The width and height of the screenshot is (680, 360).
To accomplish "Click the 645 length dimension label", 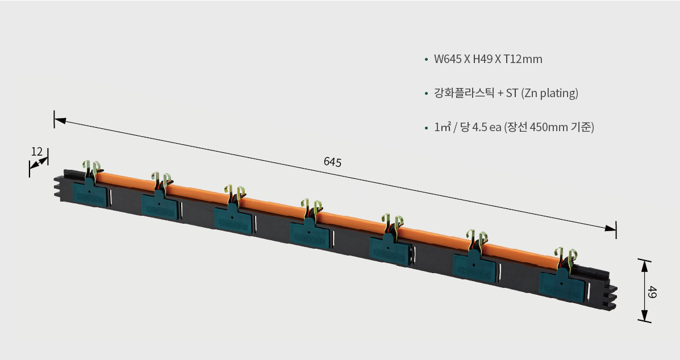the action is click(333, 162).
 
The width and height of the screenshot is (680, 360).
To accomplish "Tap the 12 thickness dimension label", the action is click(37, 152).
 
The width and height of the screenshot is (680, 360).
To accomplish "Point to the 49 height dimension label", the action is click(652, 292).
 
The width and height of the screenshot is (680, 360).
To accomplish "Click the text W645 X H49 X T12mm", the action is click(488, 59).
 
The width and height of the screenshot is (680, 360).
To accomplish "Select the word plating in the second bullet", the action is click(558, 93).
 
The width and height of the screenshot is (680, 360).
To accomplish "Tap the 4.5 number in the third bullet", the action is click(480, 127).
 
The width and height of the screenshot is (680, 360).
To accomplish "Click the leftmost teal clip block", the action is click(89, 193).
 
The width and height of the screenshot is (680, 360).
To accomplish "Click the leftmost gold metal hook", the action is click(92, 169).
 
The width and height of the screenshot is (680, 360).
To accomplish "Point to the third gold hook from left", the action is click(234, 195).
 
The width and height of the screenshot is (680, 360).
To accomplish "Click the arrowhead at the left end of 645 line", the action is click(60, 120).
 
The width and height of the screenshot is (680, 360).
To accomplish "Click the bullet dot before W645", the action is click(426, 60).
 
